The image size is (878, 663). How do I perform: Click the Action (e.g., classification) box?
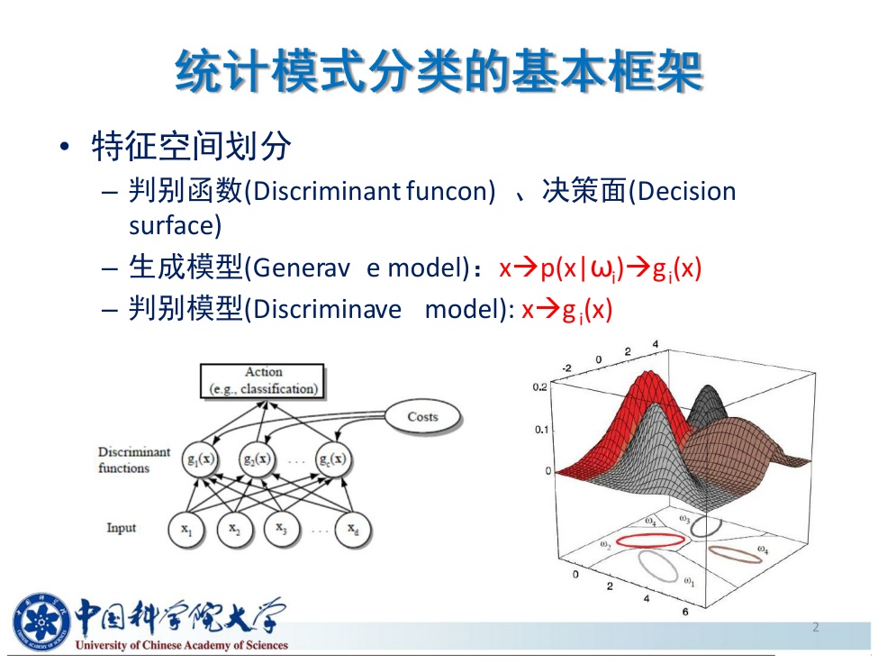pyautogui.click(x=262, y=381)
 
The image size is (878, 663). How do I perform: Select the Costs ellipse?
pyautogui.click(x=422, y=416)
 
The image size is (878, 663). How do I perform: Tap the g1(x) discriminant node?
pyautogui.click(x=201, y=459)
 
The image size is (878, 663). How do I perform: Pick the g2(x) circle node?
pyautogui.click(x=257, y=459)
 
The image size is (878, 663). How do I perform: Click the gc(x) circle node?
pyautogui.click(x=332, y=459)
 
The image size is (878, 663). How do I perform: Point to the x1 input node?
pyautogui.click(x=186, y=529)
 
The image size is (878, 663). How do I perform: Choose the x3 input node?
pyautogui.click(x=281, y=529)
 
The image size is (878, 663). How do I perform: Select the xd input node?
pyautogui.click(x=353, y=529)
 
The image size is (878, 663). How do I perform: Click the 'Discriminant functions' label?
pyautogui.click(x=134, y=459)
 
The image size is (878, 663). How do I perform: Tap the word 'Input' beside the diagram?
pyautogui.click(x=122, y=528)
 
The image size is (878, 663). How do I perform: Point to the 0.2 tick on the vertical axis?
pyautogui.click(x=539, y=387)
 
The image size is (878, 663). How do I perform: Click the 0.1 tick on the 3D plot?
pyautogui.click(x=541, y=430)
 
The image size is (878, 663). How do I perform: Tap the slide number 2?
pyautogui.click(x=815, y=627)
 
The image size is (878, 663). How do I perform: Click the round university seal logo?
pyautogui.click(x=41, y=622)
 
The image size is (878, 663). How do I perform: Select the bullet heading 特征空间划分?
pyautogui.click(x=192, y=147)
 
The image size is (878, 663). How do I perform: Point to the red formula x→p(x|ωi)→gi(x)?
pyautogui.click(x=601, y=268)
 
